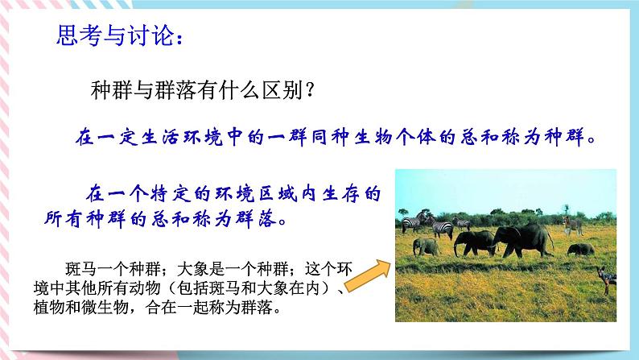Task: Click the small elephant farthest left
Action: point(427,246)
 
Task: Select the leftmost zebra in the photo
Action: point(411,223)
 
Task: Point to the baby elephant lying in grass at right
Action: point(580,250)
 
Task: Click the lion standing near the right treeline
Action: point(572,225)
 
